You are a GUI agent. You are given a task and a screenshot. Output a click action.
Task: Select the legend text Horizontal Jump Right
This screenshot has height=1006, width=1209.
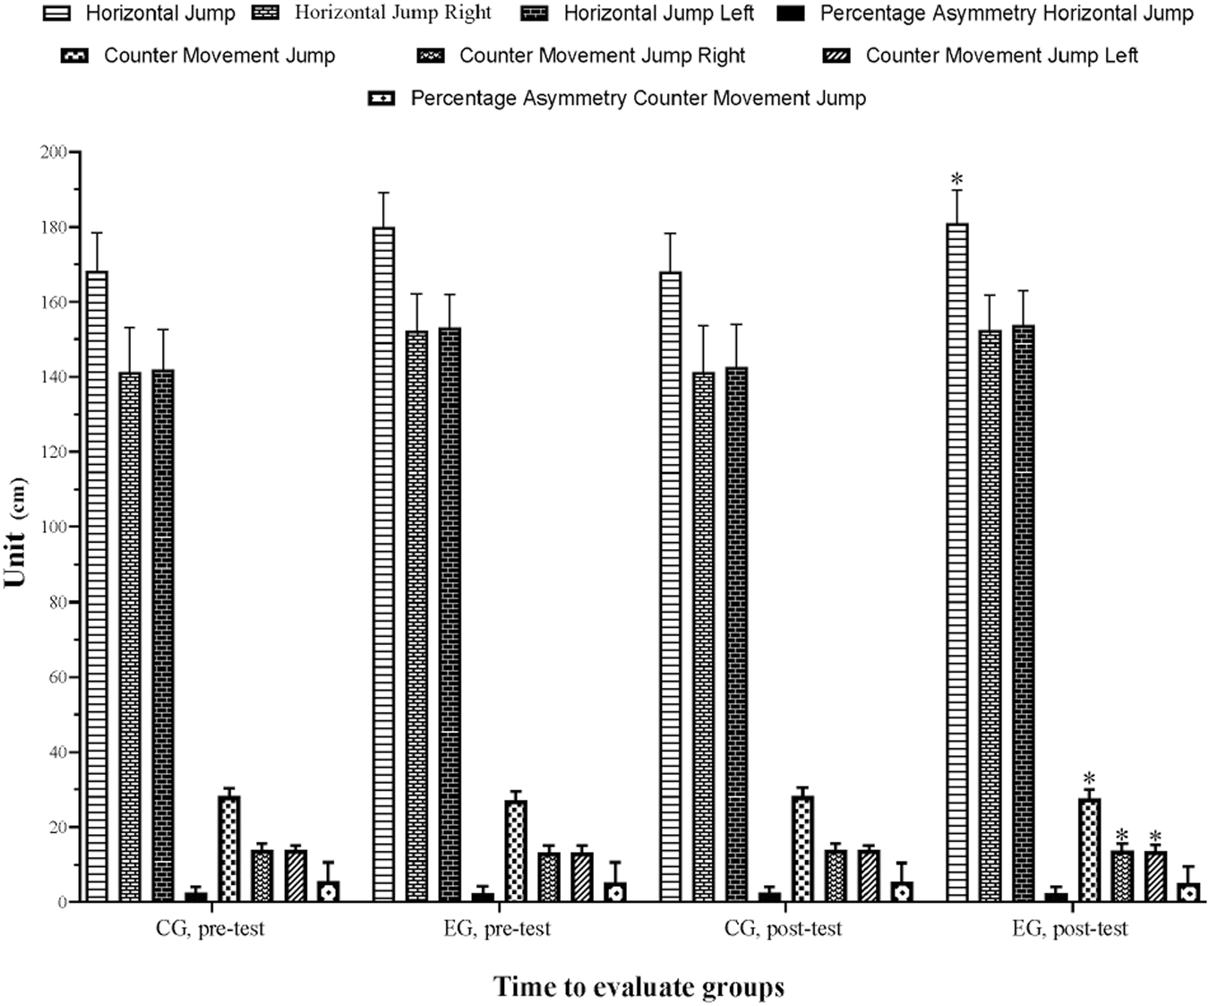point(392,13)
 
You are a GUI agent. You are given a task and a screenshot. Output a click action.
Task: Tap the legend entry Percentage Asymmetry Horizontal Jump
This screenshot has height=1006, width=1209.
point(1007,13)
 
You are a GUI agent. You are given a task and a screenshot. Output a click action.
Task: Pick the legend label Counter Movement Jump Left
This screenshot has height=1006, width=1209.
point(1001,56)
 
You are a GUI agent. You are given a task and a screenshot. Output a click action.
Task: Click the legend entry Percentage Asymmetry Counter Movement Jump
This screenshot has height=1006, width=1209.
point(638,99)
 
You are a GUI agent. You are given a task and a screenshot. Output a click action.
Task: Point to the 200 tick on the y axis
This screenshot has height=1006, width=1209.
point(53,152)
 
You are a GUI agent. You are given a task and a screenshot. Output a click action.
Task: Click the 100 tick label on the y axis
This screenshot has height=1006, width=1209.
point(53,527)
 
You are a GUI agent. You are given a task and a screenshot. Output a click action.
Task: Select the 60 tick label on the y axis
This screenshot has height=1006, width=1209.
point(56,677)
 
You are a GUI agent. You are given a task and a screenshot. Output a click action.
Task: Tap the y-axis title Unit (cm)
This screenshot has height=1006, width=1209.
point(16,532)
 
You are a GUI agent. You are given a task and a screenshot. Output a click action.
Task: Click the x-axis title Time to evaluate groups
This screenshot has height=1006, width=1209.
point(639,987)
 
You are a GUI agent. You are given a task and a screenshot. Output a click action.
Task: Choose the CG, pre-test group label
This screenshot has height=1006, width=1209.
point(210,928)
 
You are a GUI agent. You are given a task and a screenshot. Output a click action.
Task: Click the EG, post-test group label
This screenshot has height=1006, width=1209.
point(1069,928)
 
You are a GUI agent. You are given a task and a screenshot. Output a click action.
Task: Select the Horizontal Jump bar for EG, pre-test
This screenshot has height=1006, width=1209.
point(383,564)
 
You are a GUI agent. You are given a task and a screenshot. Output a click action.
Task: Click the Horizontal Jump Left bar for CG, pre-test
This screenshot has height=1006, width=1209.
point(163,636)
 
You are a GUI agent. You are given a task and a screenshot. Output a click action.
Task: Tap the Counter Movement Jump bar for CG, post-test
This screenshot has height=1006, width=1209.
point(802,848)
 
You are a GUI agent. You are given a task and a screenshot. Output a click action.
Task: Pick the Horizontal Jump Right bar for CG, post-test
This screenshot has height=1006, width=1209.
point(704,636)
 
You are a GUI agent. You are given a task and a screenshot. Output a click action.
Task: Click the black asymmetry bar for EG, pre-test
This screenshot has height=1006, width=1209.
point(483,897)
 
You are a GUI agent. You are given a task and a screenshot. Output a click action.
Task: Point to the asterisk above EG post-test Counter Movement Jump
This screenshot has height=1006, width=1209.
point(1089,778)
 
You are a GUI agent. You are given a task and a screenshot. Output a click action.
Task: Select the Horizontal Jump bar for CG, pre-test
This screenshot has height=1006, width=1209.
point(97,587)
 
